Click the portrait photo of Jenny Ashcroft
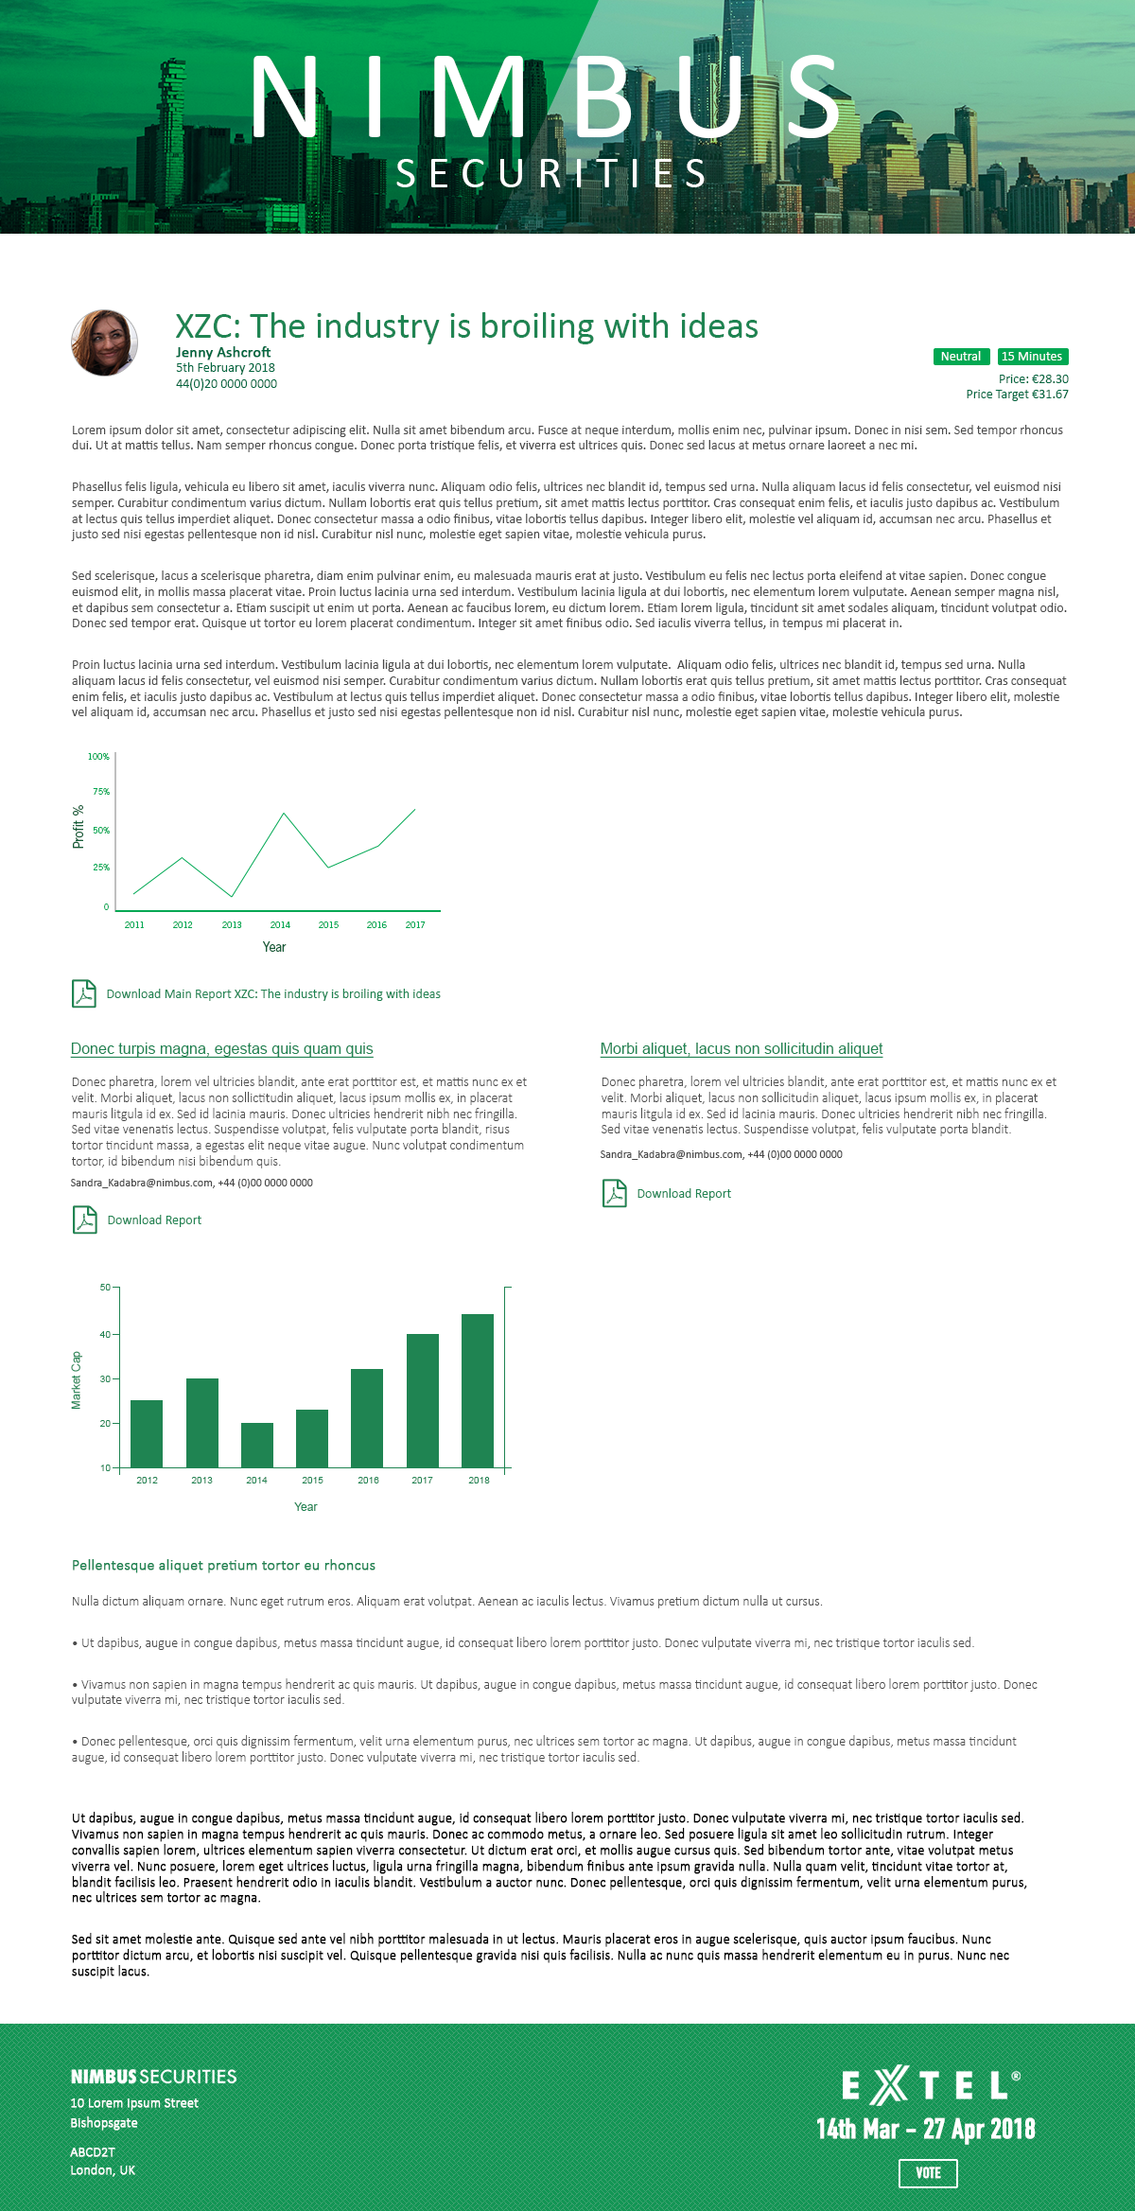(104, 342)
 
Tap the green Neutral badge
(960, 357)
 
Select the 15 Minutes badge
(1032, 357)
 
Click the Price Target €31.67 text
(1017, 395)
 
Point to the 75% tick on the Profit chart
(101, 792)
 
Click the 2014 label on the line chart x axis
(280, 925)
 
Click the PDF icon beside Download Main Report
(84, 993)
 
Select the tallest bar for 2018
(478, 1390)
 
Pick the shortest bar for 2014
(257, 1445)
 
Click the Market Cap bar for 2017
(423, 1400)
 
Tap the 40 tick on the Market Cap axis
(105, 1335)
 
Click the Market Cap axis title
(77, 1380)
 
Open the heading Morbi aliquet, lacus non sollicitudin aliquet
(742, 1049)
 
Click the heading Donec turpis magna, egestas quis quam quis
(222, 1049)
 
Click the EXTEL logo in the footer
(930, 2085)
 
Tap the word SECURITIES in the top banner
(551, 174)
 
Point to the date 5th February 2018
(225, 368)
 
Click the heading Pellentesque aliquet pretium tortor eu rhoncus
(223, 1566)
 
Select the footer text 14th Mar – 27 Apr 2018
(926, 2129)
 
